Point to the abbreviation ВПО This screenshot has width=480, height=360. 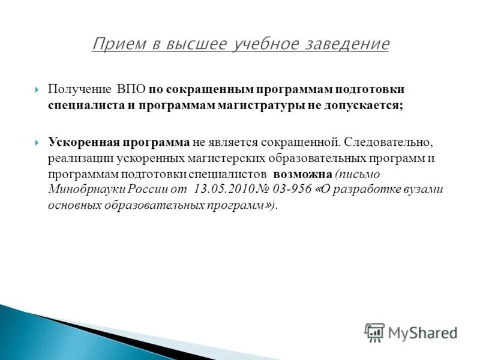pyautogui.click(x=131, y=89)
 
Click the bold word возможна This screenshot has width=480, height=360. pyautogui.click(x=302, y=175)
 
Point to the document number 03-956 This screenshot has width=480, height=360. pyautogui.click(x=292, y=190)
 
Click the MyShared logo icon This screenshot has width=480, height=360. pyautogui.click(x=374, y=332)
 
